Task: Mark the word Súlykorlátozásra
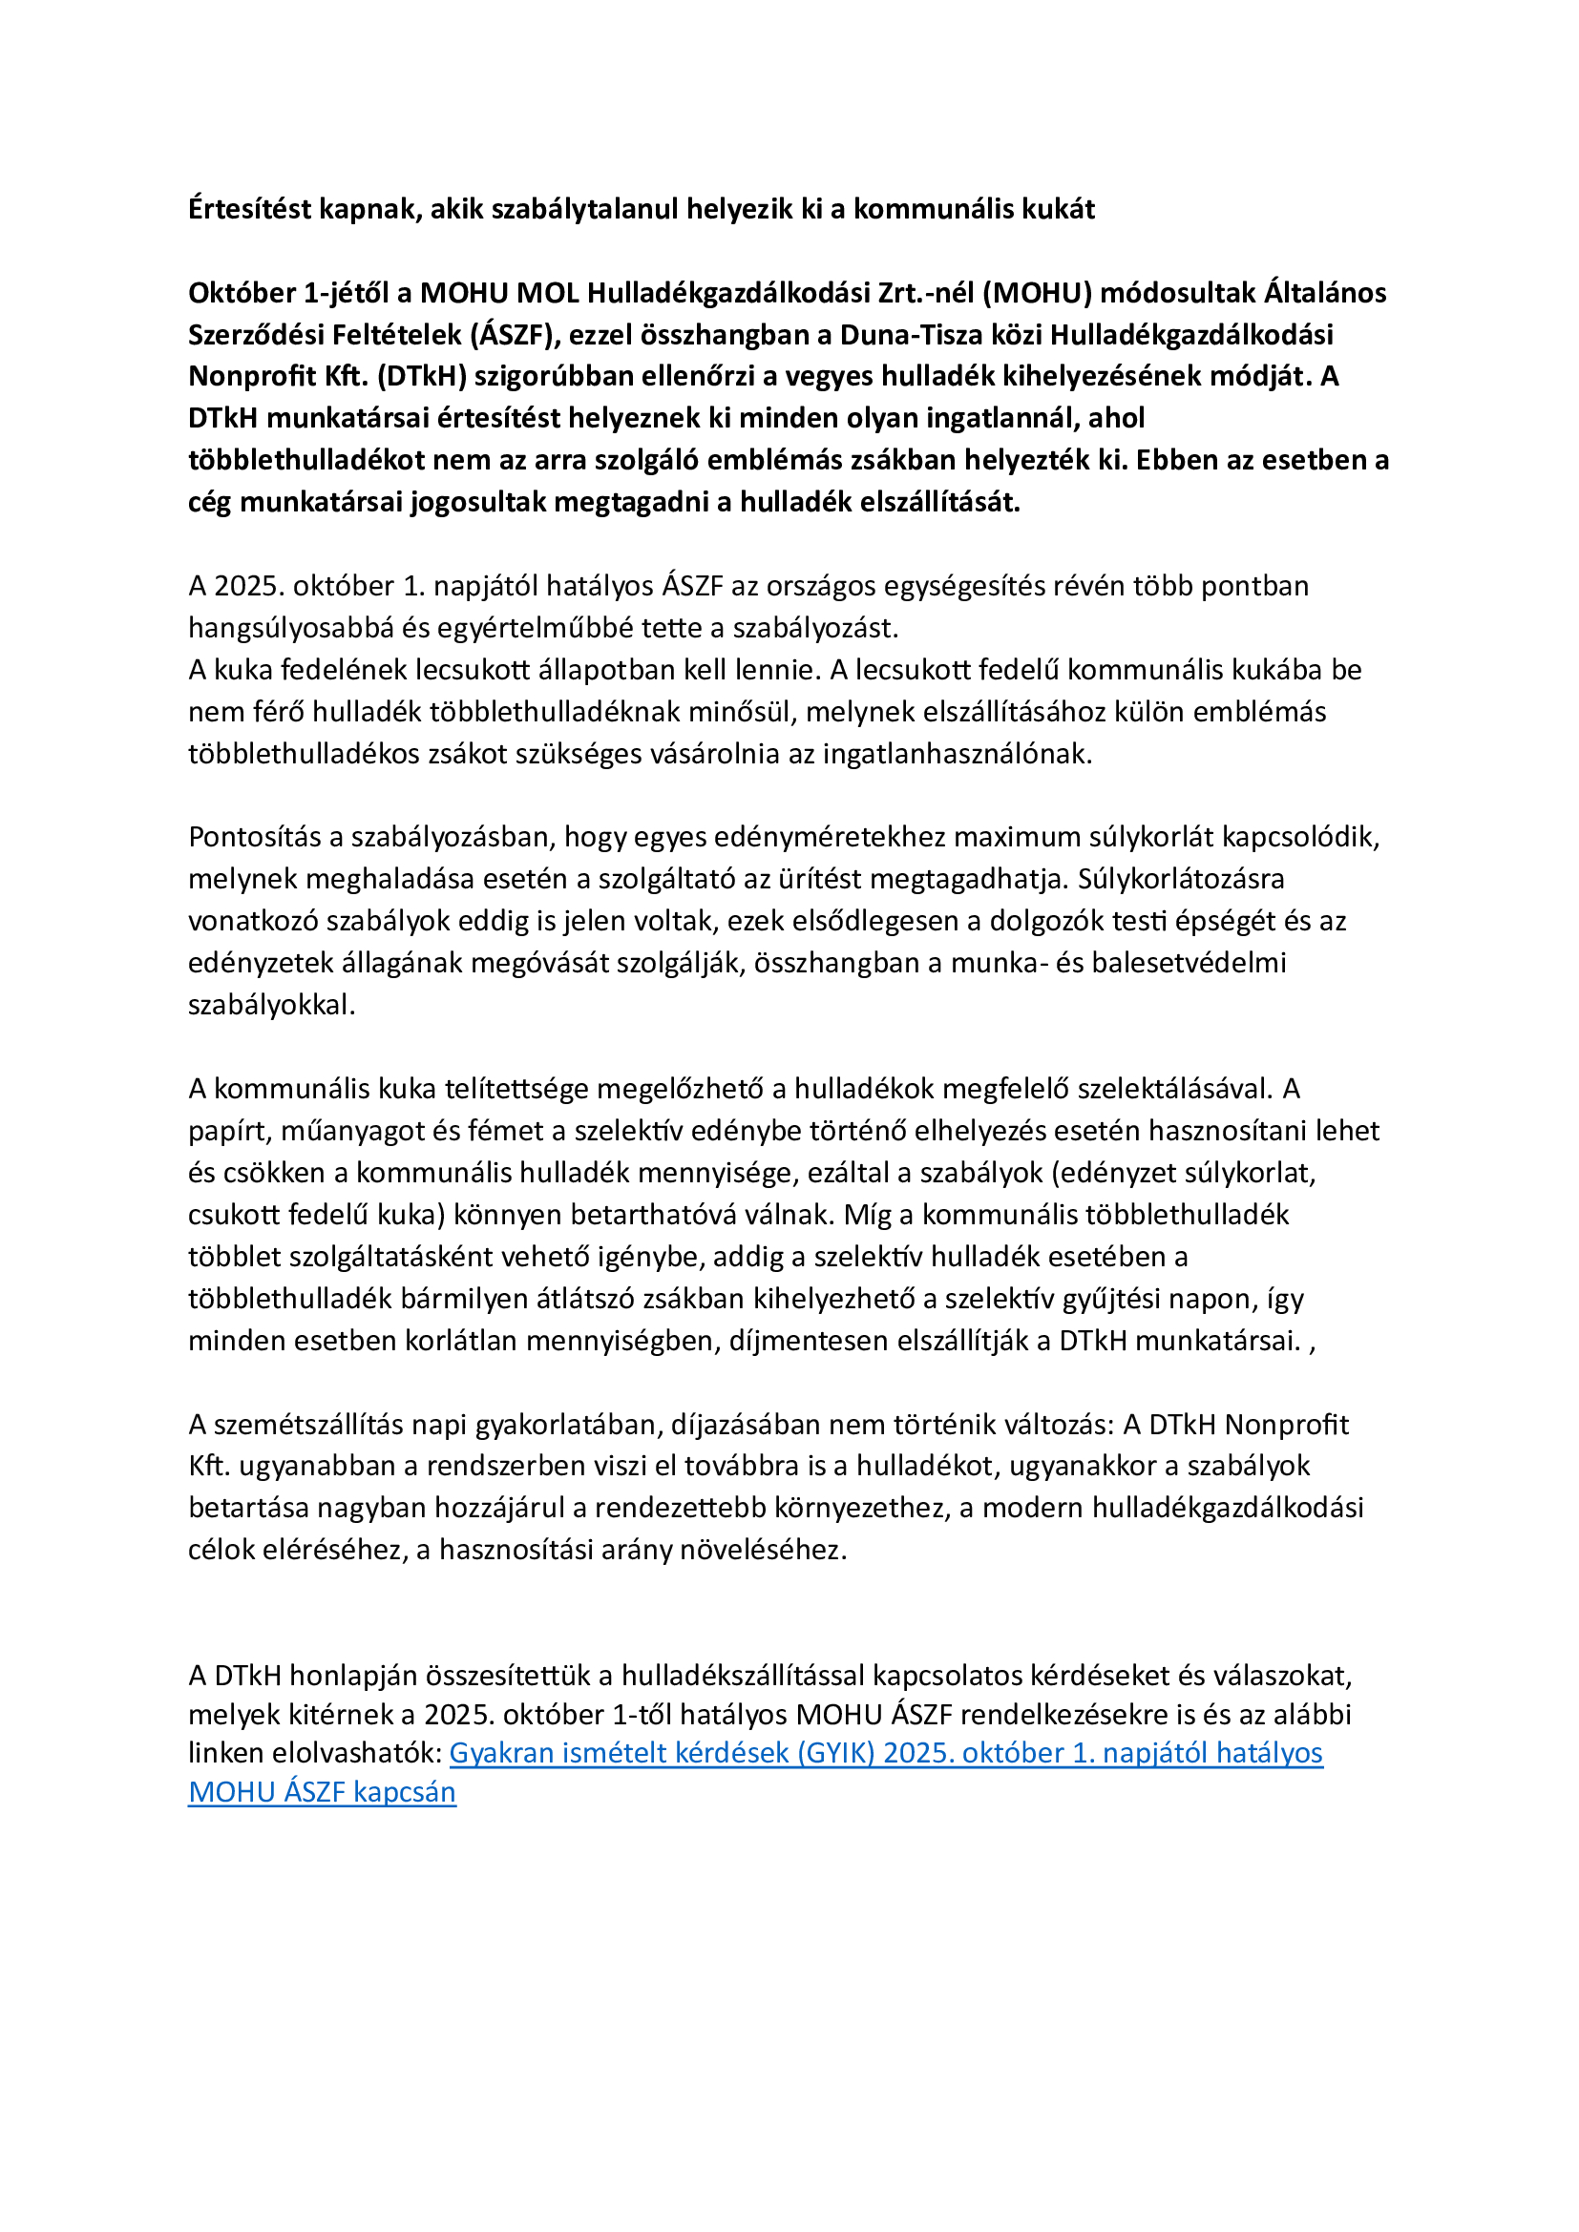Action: [1180, 879]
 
